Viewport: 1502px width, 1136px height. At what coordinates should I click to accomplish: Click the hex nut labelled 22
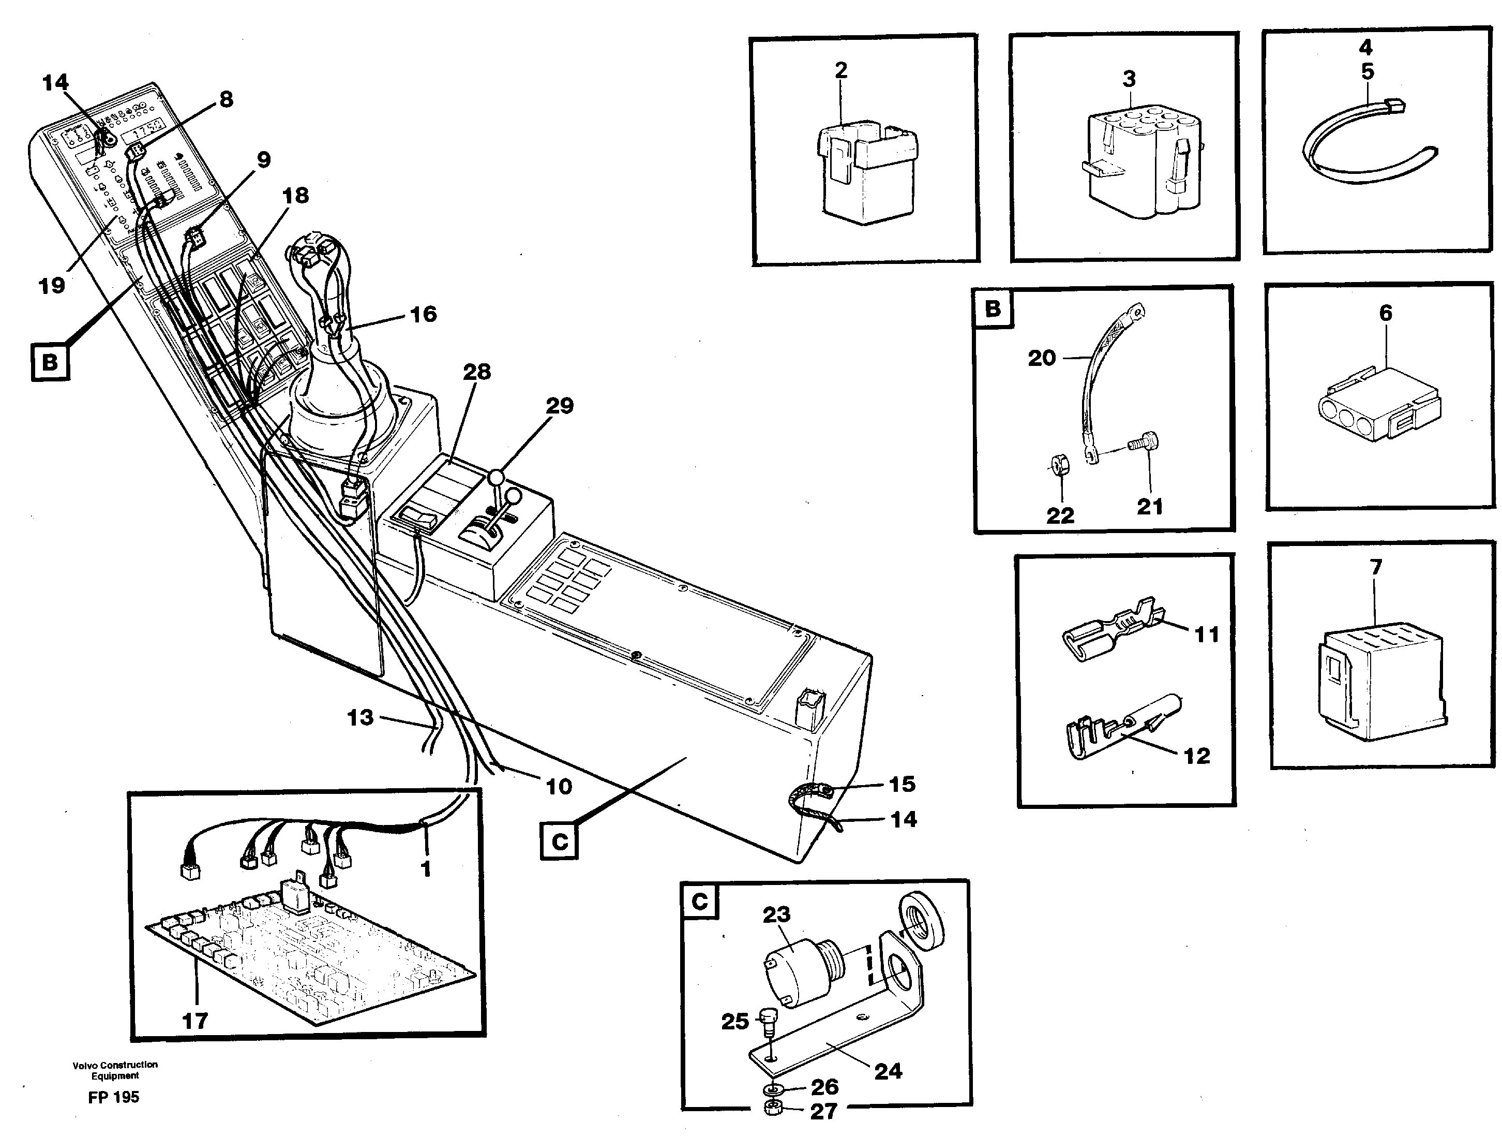point(1057,465)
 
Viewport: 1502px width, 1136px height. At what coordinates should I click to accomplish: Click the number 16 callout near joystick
point(423,315)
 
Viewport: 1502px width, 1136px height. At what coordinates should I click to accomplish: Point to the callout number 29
point(560,406)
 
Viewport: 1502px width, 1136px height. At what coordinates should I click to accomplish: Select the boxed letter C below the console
point(560,842)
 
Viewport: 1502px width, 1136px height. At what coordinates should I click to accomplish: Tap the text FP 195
point(113,1097)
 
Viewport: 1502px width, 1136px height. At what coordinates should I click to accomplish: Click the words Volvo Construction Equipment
point(115,1070)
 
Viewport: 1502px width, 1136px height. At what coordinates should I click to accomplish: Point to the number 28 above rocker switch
point(477,372)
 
